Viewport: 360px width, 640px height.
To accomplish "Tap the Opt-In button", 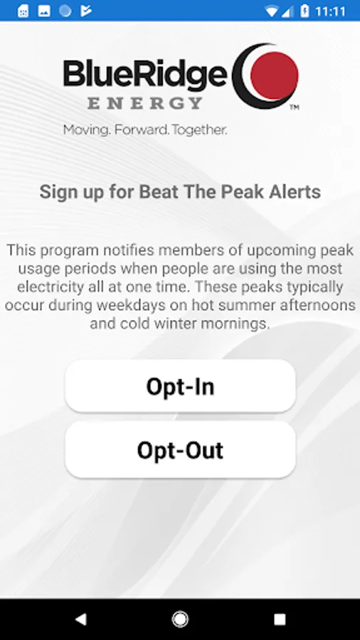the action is click(x=180, y=386).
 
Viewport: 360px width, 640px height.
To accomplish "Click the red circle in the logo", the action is click(x=275, y=75).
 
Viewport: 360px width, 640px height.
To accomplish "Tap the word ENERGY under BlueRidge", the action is click(x=145, y=103).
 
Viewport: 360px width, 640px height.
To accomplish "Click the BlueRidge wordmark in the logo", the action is click(x=145, y=73).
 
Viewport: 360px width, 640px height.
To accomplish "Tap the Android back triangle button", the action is click(x=81, y=619).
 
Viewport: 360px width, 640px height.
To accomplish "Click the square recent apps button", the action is click(x=280, y=619).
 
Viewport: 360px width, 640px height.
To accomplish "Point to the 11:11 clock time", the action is click(x=330, y=11).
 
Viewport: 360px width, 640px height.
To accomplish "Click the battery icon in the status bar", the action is click(x=305, y=11).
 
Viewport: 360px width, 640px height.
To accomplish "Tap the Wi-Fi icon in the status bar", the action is click(x=272, y=11).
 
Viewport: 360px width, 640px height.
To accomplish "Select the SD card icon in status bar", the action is click(x=23, y=11).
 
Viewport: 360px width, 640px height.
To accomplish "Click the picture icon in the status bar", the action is click(x=44, y=11).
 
